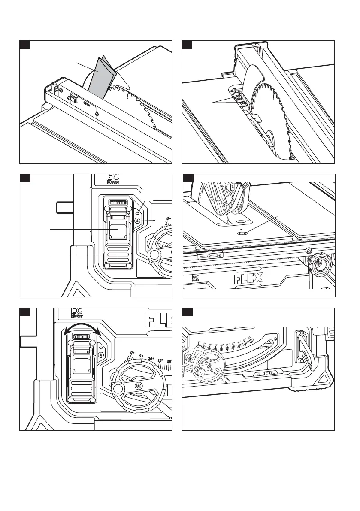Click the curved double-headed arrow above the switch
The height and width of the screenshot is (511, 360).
[x=82, y=330]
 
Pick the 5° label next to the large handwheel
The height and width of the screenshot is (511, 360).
[x=141, y=356]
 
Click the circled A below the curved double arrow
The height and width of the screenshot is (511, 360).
[x=100, y=355]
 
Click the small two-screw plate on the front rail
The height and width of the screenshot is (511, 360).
[x=210, y=256]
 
